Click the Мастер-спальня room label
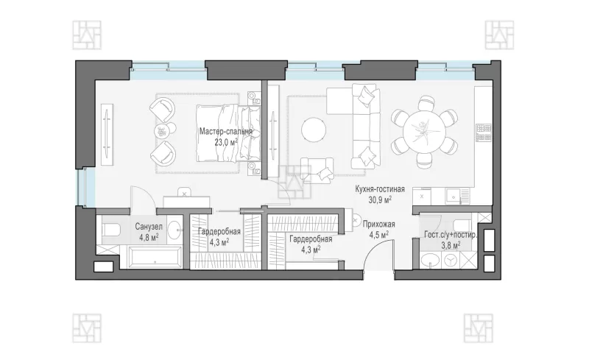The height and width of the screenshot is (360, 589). tap(226, 132)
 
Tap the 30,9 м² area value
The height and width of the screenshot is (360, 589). tap(380, 200)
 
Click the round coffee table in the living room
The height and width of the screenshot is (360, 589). tap(314, 130)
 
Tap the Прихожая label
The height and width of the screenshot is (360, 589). tap(378, 225)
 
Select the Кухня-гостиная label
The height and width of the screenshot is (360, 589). tap(380, 189)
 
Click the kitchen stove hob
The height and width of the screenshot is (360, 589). tap(484, 133)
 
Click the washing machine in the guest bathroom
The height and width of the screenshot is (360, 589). tap(450, 260)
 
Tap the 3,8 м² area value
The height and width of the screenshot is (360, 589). tap(451, 245)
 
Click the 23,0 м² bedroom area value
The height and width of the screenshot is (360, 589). tap(226, 142)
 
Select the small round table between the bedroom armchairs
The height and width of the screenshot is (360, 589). tap(161, 130)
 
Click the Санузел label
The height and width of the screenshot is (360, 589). tap(149, 227)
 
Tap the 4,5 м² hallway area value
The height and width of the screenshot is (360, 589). tap(378, 235)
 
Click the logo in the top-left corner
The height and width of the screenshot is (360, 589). tap(87, 35)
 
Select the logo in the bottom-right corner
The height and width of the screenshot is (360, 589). tap(478, 328)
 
